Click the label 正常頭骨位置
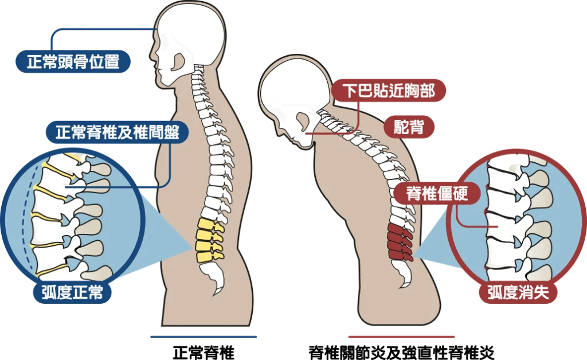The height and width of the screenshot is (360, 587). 73,62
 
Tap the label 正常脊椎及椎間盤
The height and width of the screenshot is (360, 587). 118,133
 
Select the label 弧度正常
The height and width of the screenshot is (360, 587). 72,293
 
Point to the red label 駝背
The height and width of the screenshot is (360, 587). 409,127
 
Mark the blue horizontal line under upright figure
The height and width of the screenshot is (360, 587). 204,337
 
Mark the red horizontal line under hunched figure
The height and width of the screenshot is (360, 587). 401,337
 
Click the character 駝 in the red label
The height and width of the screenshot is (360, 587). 401,127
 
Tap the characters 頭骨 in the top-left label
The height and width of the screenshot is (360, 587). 73,62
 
